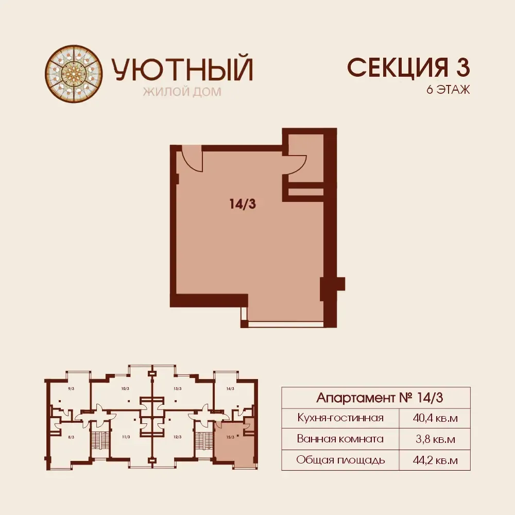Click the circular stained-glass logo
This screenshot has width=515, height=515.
click(74, 74)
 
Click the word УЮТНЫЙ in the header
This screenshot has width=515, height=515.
click(182, 70)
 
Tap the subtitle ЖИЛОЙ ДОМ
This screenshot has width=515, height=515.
click(182, 92)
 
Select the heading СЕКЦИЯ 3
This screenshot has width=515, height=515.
click(408, 67)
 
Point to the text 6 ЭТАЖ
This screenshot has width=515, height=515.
click(448, 89)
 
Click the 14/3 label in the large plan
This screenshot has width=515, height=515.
click(243, 204)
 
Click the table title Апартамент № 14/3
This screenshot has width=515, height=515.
click(380, 398)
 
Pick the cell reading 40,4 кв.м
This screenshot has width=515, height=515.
click(435, 418)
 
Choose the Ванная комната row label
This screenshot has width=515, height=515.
click(340, 439)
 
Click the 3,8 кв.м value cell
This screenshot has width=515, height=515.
click(435, 439)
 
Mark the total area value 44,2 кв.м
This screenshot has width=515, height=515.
click(435, 460)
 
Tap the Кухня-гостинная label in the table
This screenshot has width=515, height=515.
click(340, 418)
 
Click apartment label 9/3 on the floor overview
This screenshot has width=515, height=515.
click(71, 388)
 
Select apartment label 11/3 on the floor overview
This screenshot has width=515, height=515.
click(126, 437)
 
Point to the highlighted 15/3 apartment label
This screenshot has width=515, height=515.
click(230, 437)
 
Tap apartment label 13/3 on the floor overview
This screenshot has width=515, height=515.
click(177, 388)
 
